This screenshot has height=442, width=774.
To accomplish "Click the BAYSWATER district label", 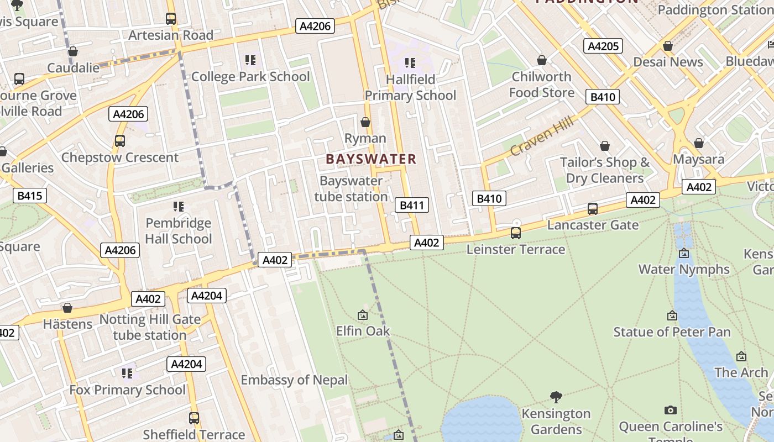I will [x=370, y=159].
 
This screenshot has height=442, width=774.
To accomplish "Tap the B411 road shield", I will [x=412, y=206].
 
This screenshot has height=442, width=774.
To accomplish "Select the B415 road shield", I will [x=30, y=196].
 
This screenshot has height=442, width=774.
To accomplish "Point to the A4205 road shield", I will [x=603, y=46].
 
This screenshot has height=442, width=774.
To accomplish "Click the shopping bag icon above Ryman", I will [x=365, y=122].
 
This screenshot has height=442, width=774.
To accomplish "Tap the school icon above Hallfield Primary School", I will [x=410, y=63].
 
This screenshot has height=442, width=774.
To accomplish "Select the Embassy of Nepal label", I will [x=294, y=380].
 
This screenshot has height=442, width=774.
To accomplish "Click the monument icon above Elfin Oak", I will [x=363, y=315].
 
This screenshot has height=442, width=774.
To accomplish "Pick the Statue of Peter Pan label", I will [x=672, y=332].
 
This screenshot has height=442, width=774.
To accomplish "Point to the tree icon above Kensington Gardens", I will [x=556, y=397].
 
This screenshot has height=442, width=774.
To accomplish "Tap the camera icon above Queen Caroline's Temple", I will [x=671, y=411].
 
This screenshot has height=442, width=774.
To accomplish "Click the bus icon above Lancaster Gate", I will [x=593, y=209].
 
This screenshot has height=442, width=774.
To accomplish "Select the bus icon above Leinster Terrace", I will [x=516, y=233].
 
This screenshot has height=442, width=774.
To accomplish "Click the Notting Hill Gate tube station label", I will [x=150, y=327].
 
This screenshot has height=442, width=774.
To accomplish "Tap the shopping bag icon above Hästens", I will [x=67, y=308].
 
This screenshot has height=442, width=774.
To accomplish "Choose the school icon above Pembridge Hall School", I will [x=178, y=207].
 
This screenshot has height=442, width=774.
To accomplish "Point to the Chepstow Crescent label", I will [x=120, y=157].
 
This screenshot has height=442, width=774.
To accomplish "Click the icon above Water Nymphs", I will [x=684, y=254].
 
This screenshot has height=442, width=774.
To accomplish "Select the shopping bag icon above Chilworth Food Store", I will [x=542, y=60].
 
